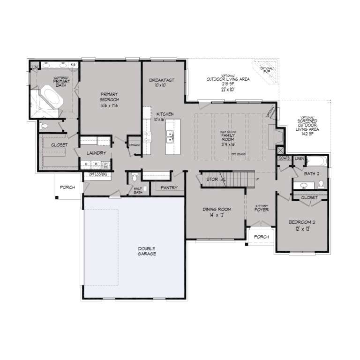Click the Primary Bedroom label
pos(109,100)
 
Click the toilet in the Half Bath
pos(135,177)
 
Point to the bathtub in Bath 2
pos(317,163)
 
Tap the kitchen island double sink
pos(169,137)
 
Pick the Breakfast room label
pos(162,80)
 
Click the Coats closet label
pos(284,158)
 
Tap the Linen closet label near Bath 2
pos(299,158)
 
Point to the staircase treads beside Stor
pos(239,179)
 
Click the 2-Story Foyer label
pos(261,209)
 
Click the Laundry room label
pos(96,153)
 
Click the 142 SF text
pos(308,134)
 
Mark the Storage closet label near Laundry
pos(134,145)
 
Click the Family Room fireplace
pos(272,136)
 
